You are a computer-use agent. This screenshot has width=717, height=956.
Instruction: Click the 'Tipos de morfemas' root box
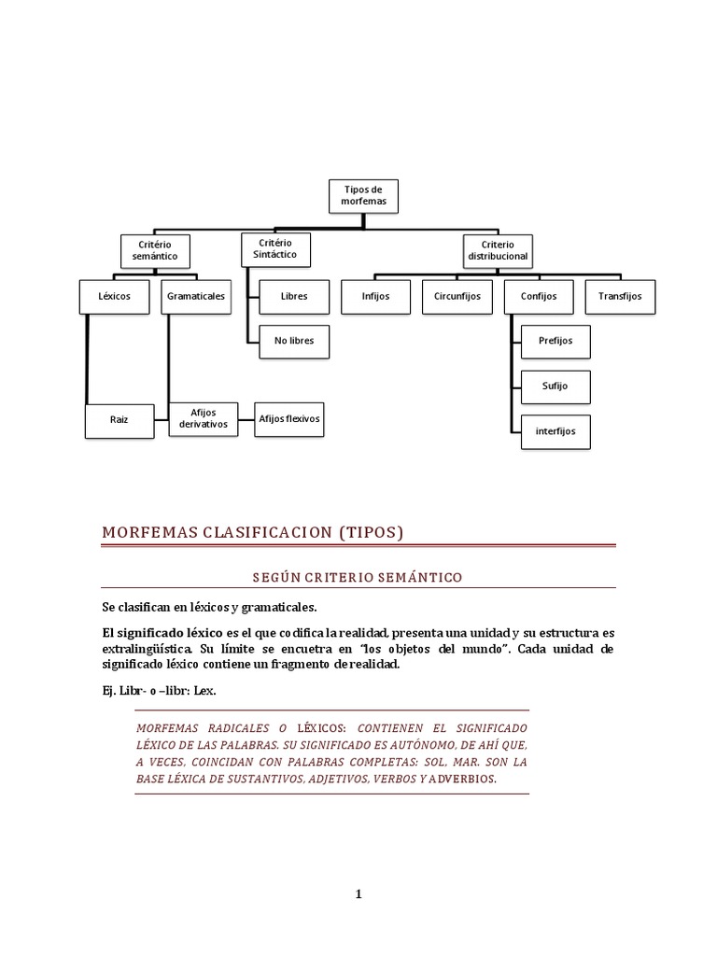click(x=364, y=195)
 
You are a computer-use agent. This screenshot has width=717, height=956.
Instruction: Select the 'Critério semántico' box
click(x=155, y=249)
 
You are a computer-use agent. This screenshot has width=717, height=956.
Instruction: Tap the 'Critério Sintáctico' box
click(x=274, y=248)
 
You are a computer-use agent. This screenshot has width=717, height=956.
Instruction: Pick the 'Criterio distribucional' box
click(x=498, y=249)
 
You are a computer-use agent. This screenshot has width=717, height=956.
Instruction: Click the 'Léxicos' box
click(x=115, y=297)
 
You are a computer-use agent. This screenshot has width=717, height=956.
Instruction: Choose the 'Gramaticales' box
click(x=195, y=297)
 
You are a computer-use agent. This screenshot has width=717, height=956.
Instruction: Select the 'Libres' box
click(x=294, y=297)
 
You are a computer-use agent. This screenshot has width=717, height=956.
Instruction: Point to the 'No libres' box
click(x=294, y=341)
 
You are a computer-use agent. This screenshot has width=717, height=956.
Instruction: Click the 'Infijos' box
click(x=375, y=297)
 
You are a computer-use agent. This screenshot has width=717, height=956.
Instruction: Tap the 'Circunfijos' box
click(x=457, y=297)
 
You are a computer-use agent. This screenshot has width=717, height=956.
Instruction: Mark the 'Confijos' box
click(x=532, y=297)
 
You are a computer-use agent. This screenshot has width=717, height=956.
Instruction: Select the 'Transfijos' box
click(x=620, y=297)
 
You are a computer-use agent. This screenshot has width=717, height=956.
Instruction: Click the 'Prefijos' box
click(x=555, y=341)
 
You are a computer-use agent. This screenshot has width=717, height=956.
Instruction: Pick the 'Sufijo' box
click(x=555, y=386)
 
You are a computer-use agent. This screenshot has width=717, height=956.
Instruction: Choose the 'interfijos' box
click(x=555, y=431)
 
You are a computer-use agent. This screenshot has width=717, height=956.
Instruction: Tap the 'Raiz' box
click(x=119, y=420)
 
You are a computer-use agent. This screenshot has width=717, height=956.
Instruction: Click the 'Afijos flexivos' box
click(x=289, y=419)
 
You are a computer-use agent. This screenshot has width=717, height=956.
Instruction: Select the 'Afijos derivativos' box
click(x=203, y=419)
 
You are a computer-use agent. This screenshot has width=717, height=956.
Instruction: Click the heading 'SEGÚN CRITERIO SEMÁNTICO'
click(x=359, y=578)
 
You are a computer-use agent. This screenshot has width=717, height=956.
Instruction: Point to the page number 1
click(x=358, y=894)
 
